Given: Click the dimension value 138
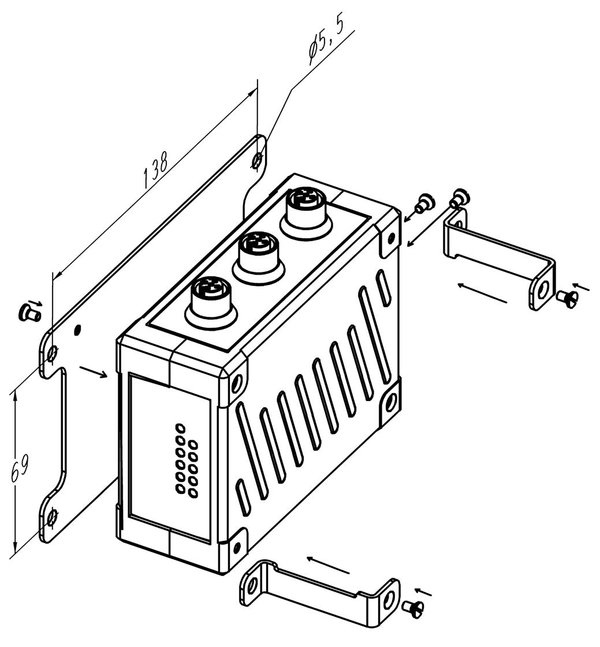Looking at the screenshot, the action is (x=155, y=170).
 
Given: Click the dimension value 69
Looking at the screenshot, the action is (x=20, y=469).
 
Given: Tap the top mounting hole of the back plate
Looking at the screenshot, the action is (x=257, y=159).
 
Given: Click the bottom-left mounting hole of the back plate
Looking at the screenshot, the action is (x=51, y=517).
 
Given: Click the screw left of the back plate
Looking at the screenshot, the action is (x=29, y=312).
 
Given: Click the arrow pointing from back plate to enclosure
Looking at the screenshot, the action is (x=94, y=371).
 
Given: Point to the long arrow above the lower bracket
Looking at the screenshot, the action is (x=328, y=564).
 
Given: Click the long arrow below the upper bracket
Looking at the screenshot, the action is (x=482, y=293).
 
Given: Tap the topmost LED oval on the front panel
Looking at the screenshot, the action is (x=180, y=427).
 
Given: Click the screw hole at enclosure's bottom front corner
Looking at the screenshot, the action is (x=237, y=548).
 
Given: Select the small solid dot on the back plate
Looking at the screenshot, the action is (x=77, y=330).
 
